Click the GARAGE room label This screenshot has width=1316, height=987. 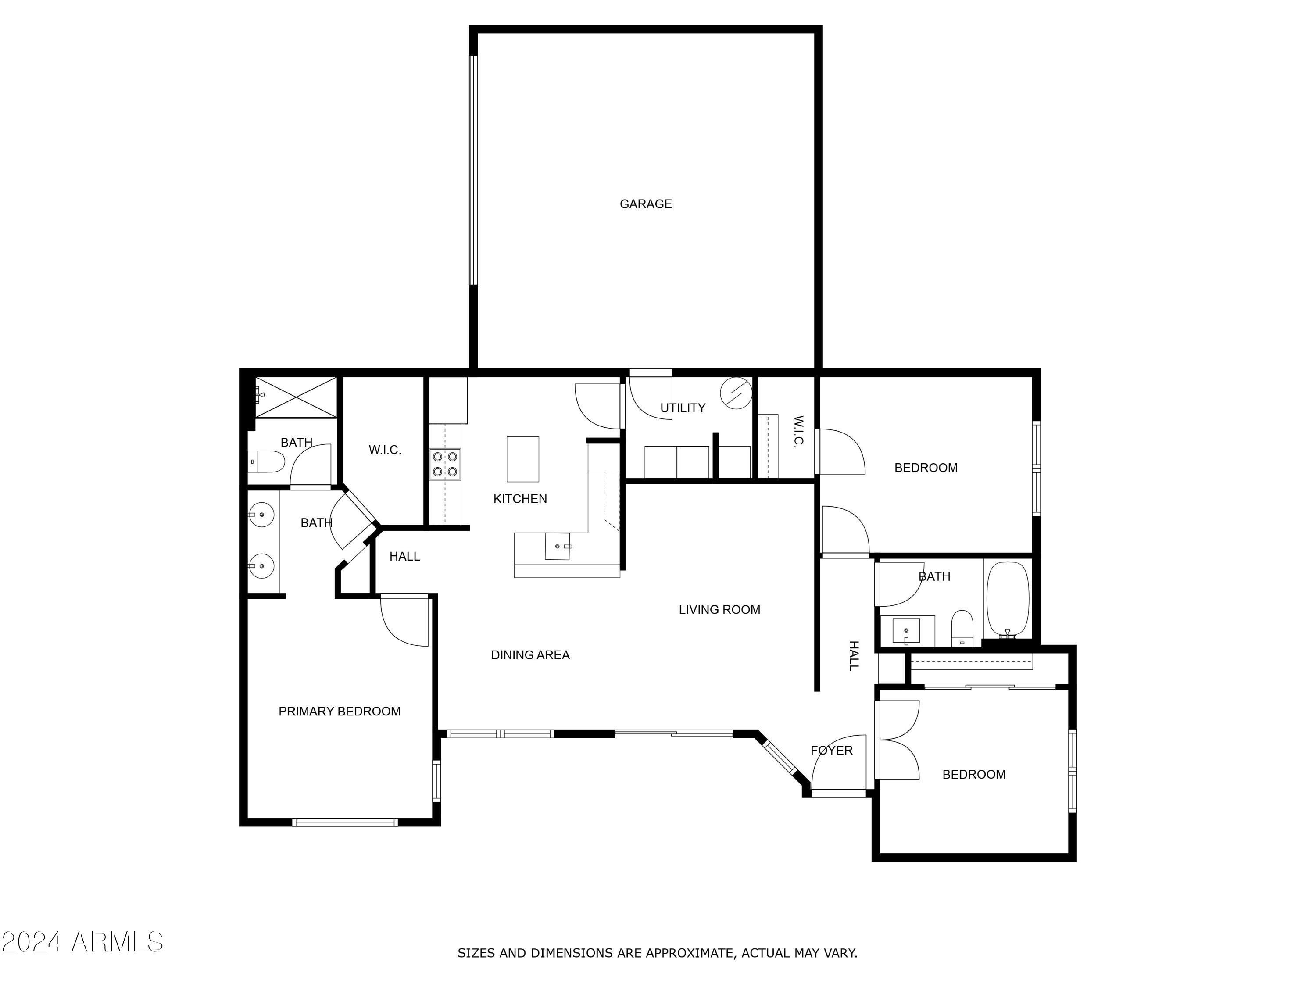point(646,204)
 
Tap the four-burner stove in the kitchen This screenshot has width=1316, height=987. point(445,464)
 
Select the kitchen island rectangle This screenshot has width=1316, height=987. point(522,459)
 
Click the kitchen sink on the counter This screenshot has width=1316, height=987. point(558,546)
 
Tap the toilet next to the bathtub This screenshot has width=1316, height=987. point(962,628)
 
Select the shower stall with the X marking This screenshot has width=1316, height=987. point(296,397)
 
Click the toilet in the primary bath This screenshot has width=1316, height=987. point(267,461)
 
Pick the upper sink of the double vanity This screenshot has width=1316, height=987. point(261,515)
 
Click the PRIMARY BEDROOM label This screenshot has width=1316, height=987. point(339,711)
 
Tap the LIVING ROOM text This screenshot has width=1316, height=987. point(719,609)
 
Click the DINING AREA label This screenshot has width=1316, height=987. point(530,655)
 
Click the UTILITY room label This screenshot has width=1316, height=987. point(683,408)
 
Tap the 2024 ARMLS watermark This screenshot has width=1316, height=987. point(82,942)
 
